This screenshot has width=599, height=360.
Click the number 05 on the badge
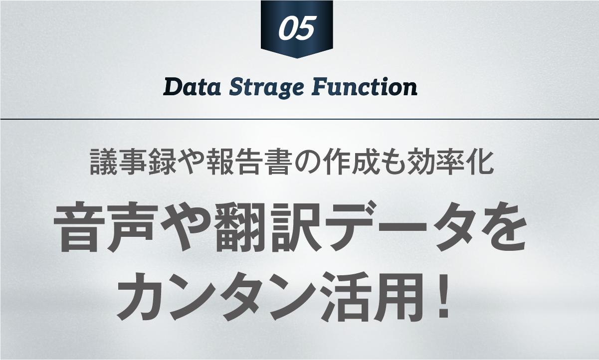296,28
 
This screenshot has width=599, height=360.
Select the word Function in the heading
365,87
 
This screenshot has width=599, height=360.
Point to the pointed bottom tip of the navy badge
297,58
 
